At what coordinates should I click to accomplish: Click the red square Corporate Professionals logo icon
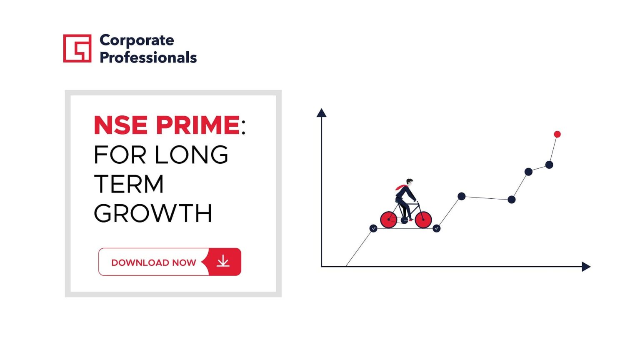[x=77, y=48]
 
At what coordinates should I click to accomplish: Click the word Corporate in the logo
[x=137, y=40]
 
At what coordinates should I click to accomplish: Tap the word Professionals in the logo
[x=148, y=57]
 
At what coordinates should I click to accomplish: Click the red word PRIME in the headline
[x=198, y=125]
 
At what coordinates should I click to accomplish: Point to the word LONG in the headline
[x=191, y=155]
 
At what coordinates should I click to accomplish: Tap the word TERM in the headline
[x=129, y=184]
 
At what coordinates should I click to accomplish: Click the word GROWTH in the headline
[x=153, y=213]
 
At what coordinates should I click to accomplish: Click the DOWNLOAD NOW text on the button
[x=154, y=262]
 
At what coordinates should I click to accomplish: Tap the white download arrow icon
[x=223, y=261]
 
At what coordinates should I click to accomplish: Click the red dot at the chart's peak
[x=557, y=134]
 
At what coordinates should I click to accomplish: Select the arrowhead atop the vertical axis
[x=321, y=112]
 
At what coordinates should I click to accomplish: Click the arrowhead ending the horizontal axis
[x=586, y=267]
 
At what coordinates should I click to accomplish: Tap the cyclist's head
[x=410, y=182]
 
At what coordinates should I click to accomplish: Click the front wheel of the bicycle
[x=423, y=220]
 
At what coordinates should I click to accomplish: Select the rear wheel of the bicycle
[x=389, y=220]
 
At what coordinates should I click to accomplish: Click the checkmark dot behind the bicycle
[x=373, y=228]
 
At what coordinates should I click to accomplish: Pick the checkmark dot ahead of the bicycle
[x=436, y=228]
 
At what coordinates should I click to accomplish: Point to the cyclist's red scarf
[x=401, y=187]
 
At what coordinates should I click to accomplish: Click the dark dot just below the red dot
[x=549, y=165]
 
